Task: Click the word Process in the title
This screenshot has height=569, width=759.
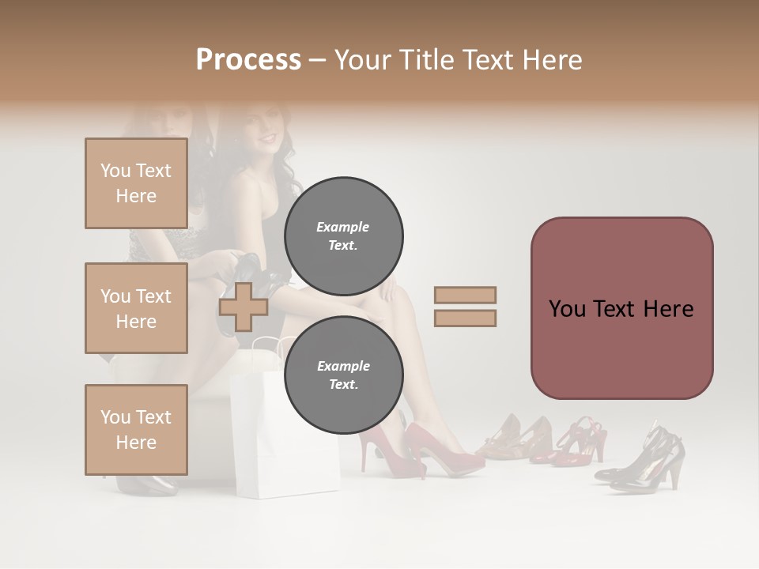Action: (248, 59)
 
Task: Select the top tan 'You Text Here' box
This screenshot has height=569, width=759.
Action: (136, 183)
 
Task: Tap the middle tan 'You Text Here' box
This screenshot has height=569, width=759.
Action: (136, 308)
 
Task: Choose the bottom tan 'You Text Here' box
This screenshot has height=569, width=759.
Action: (136, 430)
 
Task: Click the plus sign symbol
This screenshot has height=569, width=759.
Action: (244, 307)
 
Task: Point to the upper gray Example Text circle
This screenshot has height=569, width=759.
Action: (343, 236)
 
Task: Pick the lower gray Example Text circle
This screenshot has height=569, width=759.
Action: (343, 375)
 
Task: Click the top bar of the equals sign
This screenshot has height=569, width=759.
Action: (465, 295)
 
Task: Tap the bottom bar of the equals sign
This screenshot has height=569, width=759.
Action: (465, 318)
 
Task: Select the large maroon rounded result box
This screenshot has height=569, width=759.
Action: (621, 308)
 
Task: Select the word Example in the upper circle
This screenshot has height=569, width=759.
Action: (342, 227)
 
